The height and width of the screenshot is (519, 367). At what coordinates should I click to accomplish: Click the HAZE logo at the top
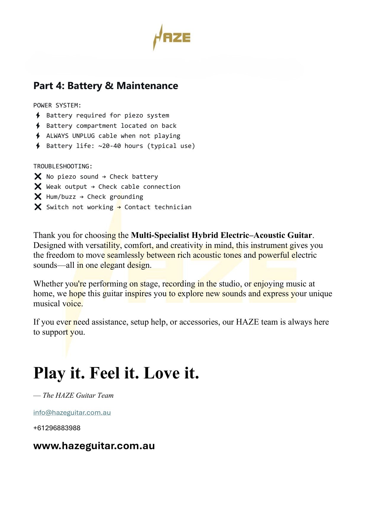point(172,38)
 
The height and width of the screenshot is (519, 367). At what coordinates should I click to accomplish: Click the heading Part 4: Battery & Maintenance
point(106,86)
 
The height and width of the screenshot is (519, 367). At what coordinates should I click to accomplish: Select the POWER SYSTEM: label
point(57,105)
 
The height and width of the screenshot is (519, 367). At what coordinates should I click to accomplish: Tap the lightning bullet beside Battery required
point(38,115)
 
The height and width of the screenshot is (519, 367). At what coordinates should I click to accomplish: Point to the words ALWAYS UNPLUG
point(70,136)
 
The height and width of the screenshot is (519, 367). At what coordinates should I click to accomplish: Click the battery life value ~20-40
point(109,146)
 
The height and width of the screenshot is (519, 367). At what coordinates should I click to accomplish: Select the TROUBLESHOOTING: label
point(63,166)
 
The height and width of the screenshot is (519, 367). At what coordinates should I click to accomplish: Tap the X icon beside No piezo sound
point(38,177)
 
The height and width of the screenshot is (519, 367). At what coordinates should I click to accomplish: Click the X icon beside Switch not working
point(38,207)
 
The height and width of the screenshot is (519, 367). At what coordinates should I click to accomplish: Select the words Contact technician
point(158,207)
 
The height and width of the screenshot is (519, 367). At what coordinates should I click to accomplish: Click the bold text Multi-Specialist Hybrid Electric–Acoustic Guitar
point(222,235)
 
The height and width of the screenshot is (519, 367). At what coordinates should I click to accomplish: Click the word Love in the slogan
point(161,373)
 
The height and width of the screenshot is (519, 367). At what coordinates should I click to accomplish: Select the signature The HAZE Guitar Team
point(78,395)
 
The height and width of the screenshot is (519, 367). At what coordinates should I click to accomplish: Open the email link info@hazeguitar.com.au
point(72,412)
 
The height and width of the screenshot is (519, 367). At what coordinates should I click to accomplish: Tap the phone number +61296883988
point(57,428)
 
